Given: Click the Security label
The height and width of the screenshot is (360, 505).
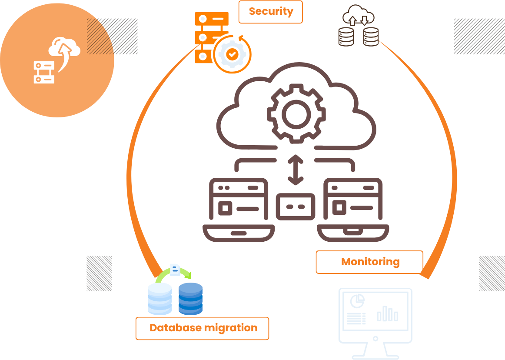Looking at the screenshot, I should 271,12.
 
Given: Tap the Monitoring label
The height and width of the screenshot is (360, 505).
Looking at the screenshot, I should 370,262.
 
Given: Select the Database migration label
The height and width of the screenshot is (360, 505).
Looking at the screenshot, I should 203,328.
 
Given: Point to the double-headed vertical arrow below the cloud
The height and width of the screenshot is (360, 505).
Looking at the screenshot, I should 296,170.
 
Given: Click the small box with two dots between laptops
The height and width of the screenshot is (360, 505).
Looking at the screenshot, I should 296,206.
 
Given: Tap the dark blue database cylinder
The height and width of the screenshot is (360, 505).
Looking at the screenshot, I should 190,299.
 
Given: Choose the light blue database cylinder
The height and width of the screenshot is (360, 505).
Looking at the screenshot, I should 160,299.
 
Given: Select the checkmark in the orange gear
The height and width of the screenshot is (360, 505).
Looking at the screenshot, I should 233,54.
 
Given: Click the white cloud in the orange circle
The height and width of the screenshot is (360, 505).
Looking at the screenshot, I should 65,47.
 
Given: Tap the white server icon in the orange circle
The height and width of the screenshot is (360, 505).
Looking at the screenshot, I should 44,72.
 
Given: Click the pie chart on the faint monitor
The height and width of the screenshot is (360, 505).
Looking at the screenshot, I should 357,300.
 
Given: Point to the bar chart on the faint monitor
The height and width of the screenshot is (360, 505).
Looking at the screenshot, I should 387,313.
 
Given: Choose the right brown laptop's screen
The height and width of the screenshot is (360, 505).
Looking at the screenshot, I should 353,200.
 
